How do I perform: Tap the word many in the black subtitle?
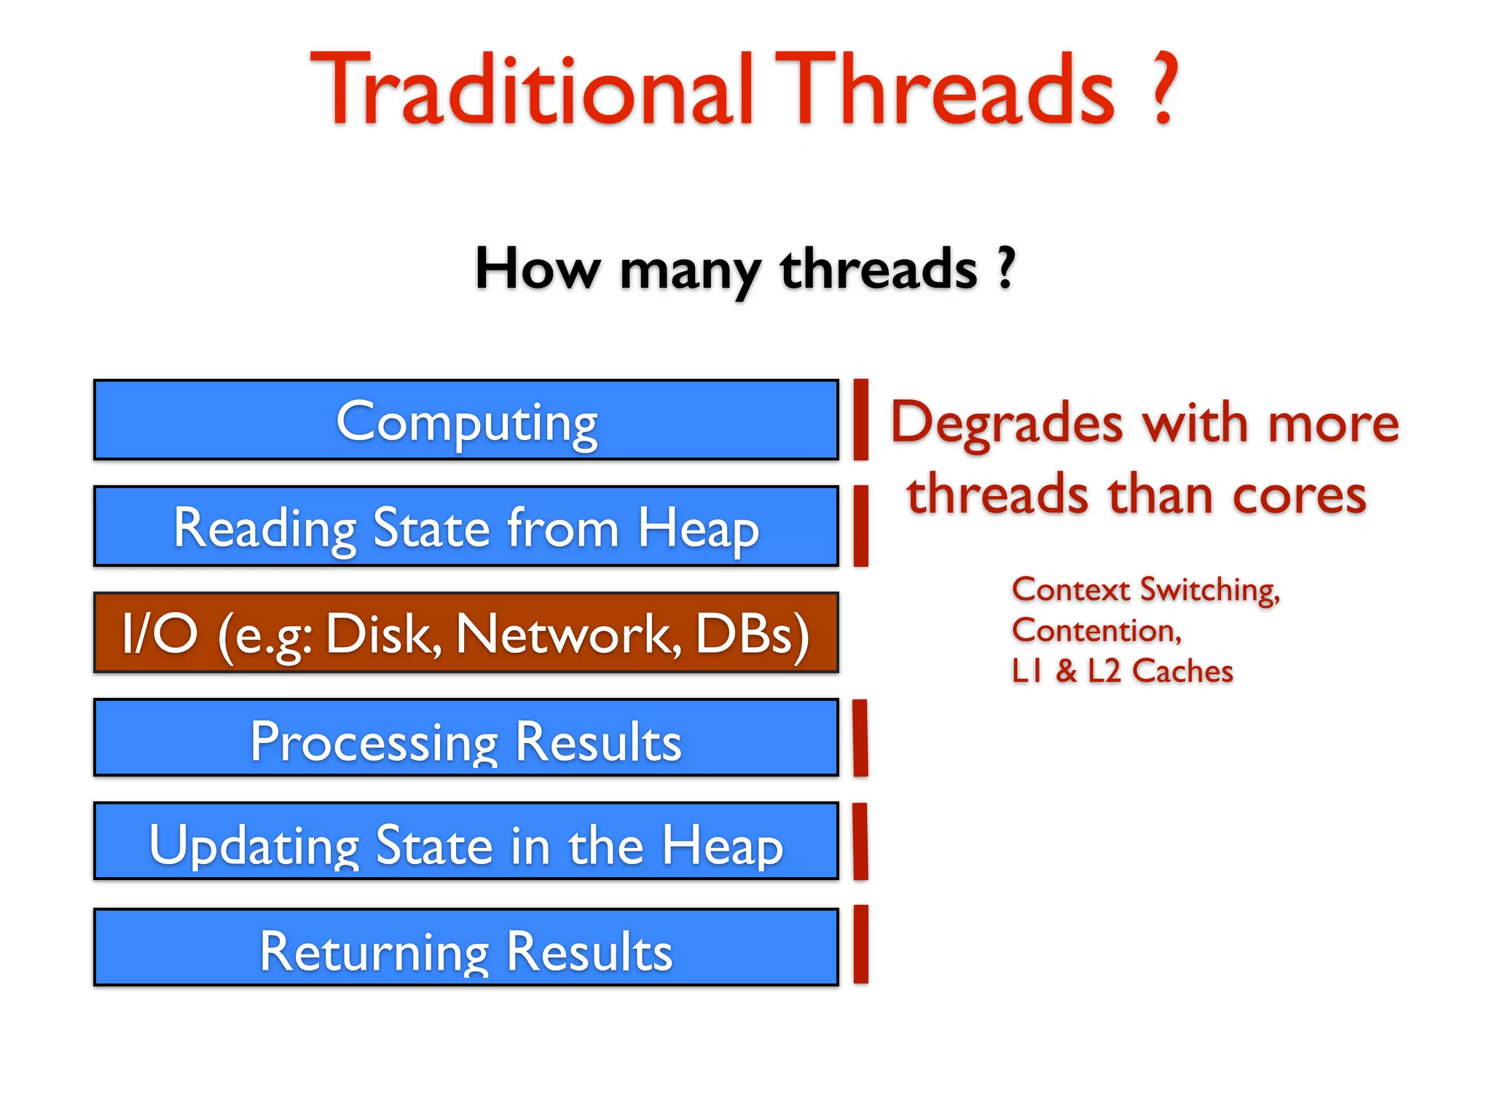689,270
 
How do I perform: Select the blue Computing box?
466,420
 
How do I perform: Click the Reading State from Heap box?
466,526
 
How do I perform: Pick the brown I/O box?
466,632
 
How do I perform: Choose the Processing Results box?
466,738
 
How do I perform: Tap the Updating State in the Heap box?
466,841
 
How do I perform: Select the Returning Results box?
466,948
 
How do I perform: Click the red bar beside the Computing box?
860,420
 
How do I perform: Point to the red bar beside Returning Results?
860,945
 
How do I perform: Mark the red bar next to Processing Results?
860,738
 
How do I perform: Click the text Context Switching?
1144,589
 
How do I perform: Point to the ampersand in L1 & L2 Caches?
1066,671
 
